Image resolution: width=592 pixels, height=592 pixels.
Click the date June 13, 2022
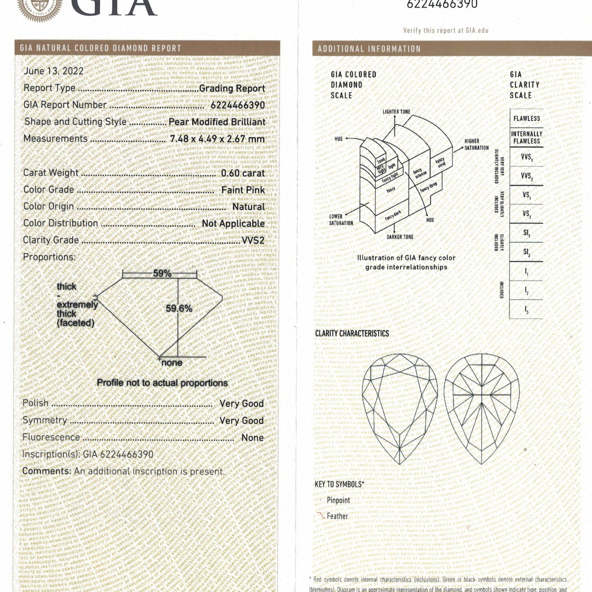pos(54,71)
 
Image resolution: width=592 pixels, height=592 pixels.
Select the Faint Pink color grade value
pos(243,190)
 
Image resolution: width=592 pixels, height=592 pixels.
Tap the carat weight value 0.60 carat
pos(243,173)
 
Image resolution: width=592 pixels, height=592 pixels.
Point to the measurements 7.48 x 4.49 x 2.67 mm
pos(217,139)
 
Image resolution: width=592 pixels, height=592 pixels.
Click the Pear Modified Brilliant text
pos(217,122)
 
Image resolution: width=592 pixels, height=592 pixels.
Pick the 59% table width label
pos(162,273)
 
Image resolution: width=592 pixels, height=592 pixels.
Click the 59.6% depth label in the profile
pos(179,308)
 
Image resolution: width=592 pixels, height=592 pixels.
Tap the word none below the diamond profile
pos(172,363)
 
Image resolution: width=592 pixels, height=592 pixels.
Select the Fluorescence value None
pos(252,437)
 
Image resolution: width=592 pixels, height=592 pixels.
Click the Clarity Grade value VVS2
pos(253,240)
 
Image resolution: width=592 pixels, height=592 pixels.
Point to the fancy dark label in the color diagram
pos(393,216)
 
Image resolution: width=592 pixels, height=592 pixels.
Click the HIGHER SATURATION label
pos(476,144)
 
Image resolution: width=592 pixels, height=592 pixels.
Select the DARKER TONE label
pos(400,237)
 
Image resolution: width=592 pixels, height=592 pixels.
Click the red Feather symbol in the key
pos(321,516)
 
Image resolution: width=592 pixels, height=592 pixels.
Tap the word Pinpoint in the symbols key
pos(338,500)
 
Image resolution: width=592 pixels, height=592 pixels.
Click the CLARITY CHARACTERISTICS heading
pos(352,334)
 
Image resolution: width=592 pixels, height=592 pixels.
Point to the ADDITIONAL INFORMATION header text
pos(369,49)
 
